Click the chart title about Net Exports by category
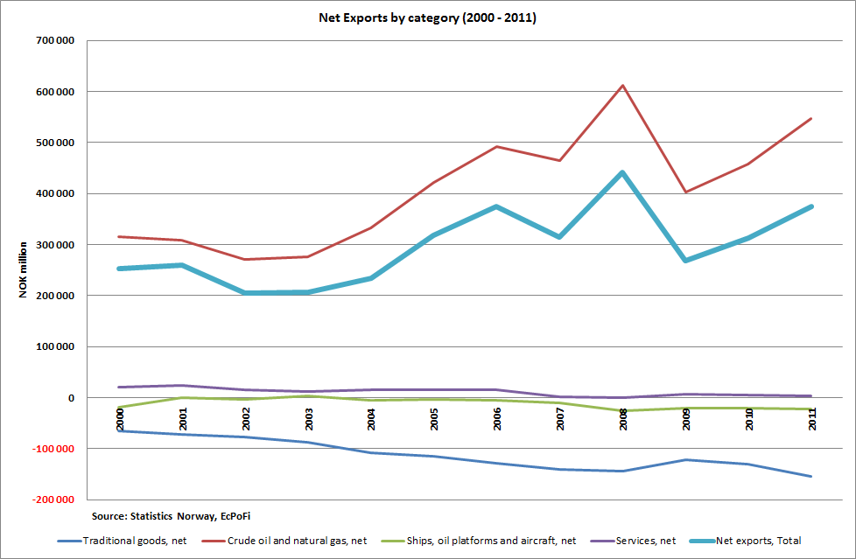pyautogui.click(x=427, y=18)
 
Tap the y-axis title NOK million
pyautogui.click(x=24, y=269)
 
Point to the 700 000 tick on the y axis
pyautogui.click(x=55, y=41)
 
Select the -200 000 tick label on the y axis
pyautogui.click(x=53, y=500)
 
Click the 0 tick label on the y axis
pyautogui.click(x=69, y=398)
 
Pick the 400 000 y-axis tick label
pyautogui.click(x=55, y=193)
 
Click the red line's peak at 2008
pyautogui.click(x=621, y=86)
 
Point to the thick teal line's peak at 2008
pyautogui.click(x=621, y=173)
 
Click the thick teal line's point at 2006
pyautogui.click(x=496, y=207)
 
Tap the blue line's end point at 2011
pyautogui.click(x=811, y=477)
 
